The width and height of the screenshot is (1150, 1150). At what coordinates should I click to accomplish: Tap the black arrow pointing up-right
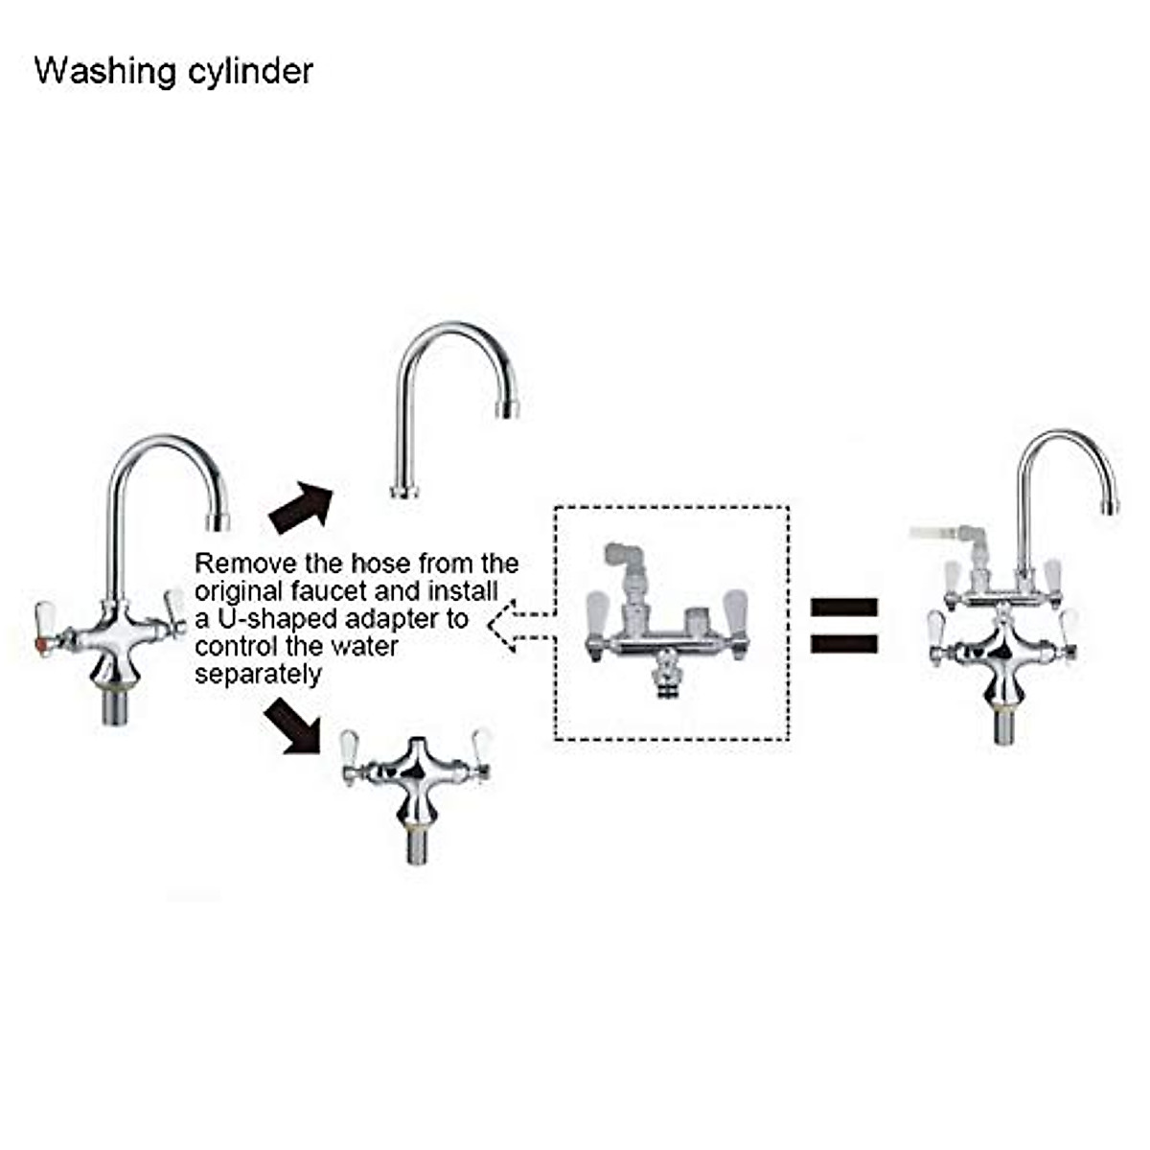(x=301, y=506)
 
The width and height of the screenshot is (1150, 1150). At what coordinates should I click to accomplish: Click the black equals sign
(x=844, y=625)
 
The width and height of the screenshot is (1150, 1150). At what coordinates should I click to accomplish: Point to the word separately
(x=258, y=674)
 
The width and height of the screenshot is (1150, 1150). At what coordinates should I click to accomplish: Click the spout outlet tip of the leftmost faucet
(x=219, y=521)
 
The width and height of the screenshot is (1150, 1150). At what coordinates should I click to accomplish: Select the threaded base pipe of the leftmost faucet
(x=116, y=710)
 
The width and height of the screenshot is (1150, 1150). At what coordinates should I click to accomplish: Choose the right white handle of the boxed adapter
(x=735, y=611)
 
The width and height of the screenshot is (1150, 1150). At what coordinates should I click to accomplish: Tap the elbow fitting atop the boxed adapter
(x=624, y=561)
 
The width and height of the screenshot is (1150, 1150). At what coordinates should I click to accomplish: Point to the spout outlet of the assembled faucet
(x=1110, y=505)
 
